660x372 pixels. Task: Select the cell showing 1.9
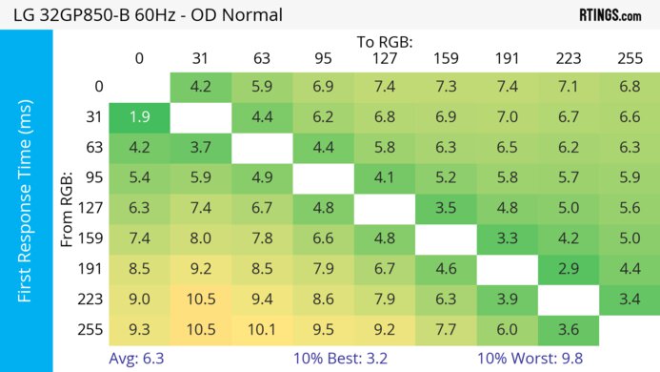[x=139, y=118]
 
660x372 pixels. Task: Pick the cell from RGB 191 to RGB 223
[x=569, y=269]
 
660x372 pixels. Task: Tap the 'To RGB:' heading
[x=385, y=42]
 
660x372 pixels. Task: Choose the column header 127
[x=385, y=59]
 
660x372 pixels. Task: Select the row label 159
[x=95, y=239]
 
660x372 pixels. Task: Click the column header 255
[x=630, y=59]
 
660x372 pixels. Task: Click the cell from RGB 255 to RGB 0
[x=139, y=331]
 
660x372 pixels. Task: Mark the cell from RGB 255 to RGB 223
[x=569, y=331]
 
